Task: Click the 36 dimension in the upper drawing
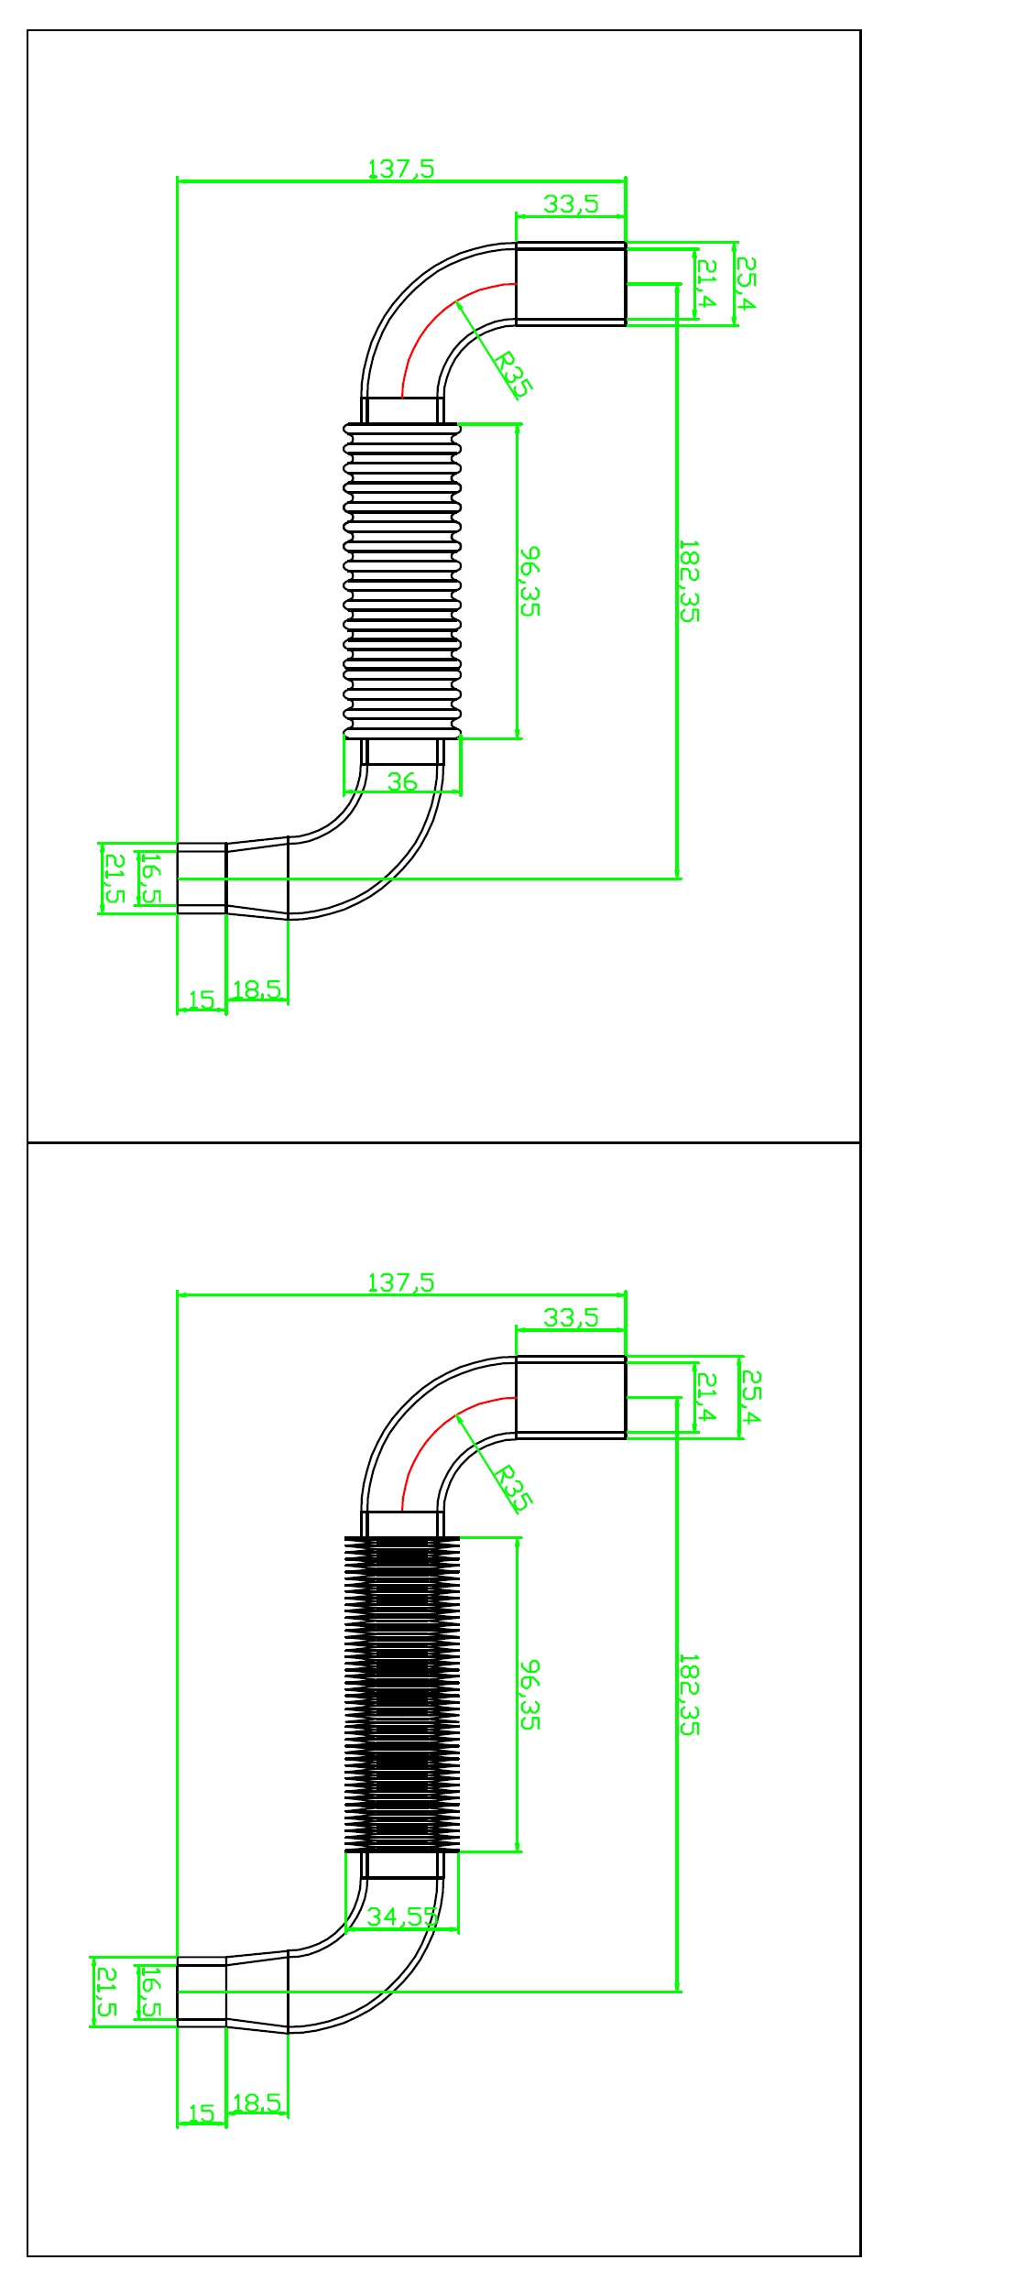click(x=402, y=781)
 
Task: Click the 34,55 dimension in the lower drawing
click(x=402, y=1916)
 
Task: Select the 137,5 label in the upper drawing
click(x=401, y=169)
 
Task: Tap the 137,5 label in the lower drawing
click(x=401, y=1283)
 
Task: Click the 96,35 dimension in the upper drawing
click(x=530, y=582)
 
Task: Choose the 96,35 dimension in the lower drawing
click(x=530, y=1695)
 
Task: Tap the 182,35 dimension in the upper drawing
click(x=689, y=582)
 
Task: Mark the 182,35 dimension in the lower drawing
click(x=689, y=1695)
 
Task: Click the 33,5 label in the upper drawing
click(x=571, y=204)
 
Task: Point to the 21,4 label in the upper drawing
click(x=706, y=284)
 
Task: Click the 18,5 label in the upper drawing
click(x=257, y=989)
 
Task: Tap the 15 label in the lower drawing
click(x=202, y=2113)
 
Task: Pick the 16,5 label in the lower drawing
click(x=152, y=1992)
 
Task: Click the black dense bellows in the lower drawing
click(x=402, y=1694)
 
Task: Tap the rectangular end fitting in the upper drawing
click(x=571, y=283)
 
